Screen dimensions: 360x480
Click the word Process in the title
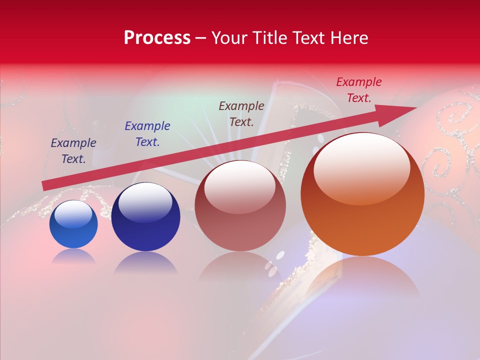(x=157, y=38)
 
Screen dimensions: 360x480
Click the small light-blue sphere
(x=73, y=224)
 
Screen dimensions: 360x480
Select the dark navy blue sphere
(x=145, y=217)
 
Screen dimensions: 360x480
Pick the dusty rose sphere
(x=240, y=206)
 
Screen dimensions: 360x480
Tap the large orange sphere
(x=362, y=194)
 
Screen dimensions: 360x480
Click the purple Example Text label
(x=73, y=151)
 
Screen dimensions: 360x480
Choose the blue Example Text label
(x=147, y=134)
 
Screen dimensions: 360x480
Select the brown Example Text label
(x=241, y=114)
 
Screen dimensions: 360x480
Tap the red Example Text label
(x=359, y=90)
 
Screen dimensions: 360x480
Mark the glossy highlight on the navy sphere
(x=145, y=200)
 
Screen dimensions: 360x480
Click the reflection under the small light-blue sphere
(x=73, y=256)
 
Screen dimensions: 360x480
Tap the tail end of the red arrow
(x=46, y=185)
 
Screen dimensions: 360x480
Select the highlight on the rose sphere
(x=240, y=186)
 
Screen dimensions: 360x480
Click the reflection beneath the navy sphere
(x=145, y=262)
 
